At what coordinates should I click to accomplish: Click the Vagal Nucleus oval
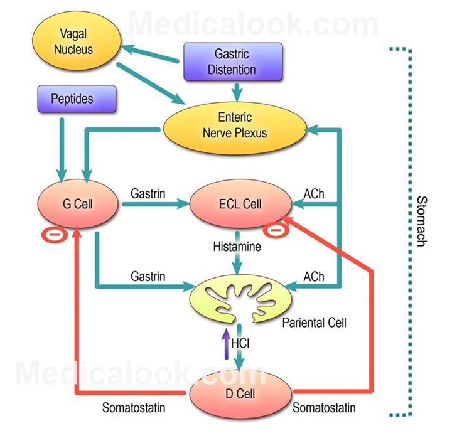pos(77,41)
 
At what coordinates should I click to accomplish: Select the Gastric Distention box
pos(233,61)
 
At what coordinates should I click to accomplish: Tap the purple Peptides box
pos(77,99)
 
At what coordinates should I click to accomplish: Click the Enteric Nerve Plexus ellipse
pos(235,128)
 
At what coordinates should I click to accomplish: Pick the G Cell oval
pos(78,204)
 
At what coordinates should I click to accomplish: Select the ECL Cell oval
pos(240,204)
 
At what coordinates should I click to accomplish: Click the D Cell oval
pos(240,393)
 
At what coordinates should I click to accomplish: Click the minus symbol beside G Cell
pos(55,235)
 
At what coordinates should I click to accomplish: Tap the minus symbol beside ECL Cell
pos(276,230)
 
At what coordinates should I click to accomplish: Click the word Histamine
pos(237,247)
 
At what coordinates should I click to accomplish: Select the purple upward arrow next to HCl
pos(226,344)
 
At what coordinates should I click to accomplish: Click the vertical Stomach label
pos(422,221)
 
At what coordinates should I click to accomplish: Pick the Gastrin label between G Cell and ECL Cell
pos(148,193)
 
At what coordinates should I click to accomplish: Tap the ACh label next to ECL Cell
pos(314,194)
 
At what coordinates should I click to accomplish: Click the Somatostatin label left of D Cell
pos(134,408)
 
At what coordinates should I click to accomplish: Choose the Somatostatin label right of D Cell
pos(324,408)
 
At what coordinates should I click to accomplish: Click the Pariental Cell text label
pos(315,323)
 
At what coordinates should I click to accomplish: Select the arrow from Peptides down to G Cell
pos(62,150)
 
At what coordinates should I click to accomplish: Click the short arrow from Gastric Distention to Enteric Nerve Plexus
pos(237,92)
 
